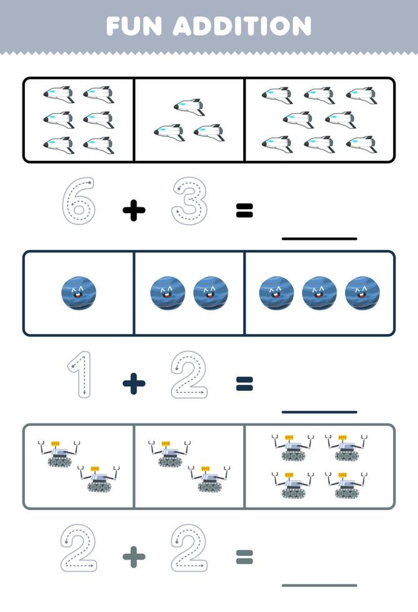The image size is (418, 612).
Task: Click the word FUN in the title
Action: [134, 26]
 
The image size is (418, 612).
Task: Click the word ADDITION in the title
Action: [242, 26]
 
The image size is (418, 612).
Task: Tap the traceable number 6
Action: [79, 201]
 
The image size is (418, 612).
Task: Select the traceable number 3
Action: [189, 201]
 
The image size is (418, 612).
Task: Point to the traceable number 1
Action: [80, 374]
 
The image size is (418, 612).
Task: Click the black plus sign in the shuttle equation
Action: [134, 210]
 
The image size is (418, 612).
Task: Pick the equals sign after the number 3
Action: [244, 210]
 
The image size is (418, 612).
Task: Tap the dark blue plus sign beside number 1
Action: [134, 383]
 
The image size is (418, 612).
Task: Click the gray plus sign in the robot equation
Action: [134, 556]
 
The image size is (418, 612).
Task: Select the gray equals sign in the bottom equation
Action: [244, 557]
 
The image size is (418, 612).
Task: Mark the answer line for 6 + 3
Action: [319, 239]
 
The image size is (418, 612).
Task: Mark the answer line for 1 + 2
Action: [319, 412]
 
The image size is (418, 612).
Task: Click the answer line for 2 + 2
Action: [319, 585]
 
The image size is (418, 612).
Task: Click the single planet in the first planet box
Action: [79, 293]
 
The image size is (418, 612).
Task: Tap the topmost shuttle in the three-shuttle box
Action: [189, 107]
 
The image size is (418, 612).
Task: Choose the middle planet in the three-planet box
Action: [319, 293]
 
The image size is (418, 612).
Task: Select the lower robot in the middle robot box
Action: [209, 478]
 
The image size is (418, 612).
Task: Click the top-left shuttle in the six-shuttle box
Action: [59, 95]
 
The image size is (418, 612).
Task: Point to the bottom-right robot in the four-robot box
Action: [346, 485]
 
